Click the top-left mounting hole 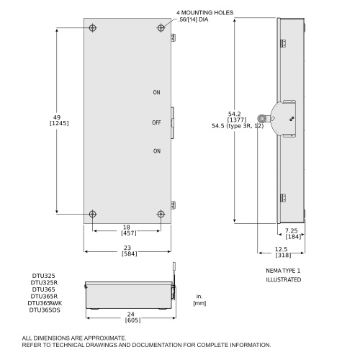(x=93, y=28)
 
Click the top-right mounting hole (x=161, y=28)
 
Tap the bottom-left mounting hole (x=93, y=214)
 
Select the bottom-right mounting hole (x=161, y=214)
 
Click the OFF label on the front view (x=156, y=122)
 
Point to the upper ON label (x=156, y=92)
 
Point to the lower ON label (x=157, y=151)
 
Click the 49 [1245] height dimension (x=59, y=120)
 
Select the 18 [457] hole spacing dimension (x=128, y=230)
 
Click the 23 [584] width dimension (x=129, y=251)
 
